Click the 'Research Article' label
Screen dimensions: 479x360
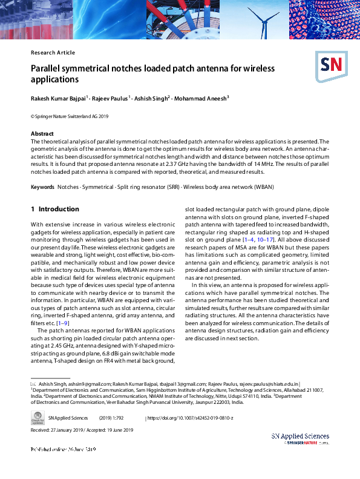53,53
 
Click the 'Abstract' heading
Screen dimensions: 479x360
42,133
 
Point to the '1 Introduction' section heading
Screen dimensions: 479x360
55,209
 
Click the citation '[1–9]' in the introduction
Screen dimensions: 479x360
62,323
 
